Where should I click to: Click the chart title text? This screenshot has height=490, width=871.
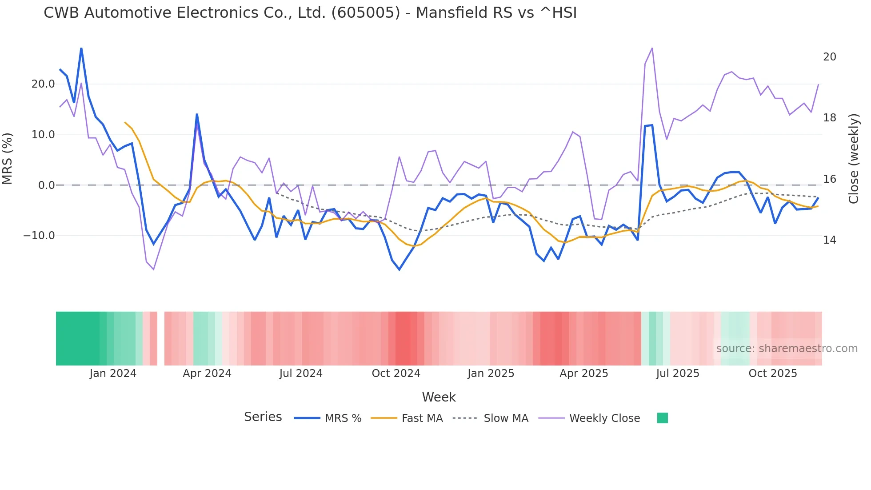pyautogui.click(x=310, y=13)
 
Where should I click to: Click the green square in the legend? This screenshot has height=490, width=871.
pyautogui.click(x=662, y=418)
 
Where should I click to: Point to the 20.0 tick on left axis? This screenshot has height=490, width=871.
pyautogui.click(x=43, y=84)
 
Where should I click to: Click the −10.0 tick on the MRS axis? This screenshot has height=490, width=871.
pyautogui.click(x=39, y=236)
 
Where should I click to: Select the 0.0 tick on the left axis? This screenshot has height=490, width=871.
pyautogui.click(x=47, y=185)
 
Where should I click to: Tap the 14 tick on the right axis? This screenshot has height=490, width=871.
pyautogui.click(x=829, y=240)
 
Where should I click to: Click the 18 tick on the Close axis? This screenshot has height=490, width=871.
pyautogui.click(x=829, y=118)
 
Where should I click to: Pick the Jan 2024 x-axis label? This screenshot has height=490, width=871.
pyautogui.click(x=113, y=374)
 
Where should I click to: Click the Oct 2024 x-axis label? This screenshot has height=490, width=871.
pyautogui.click(x=396, y=374)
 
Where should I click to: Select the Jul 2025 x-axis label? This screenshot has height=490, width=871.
pyautogui.click(x=677, y=374)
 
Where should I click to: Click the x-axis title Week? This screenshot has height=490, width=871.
pyautogui.click(x=439, y=397)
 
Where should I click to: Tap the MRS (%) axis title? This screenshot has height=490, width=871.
pyautogui.click(x=8, y=159)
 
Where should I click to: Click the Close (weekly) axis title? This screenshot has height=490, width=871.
pyautogui.click(x=853, y=159)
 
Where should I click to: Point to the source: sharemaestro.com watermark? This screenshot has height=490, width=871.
pyautogui.click(x=787, y=349)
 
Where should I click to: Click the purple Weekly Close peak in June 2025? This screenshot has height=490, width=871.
pyautogui.click(x=652, y=48)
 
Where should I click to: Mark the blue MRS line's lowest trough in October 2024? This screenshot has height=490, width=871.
pyautogui.click(x=399, y=269)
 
